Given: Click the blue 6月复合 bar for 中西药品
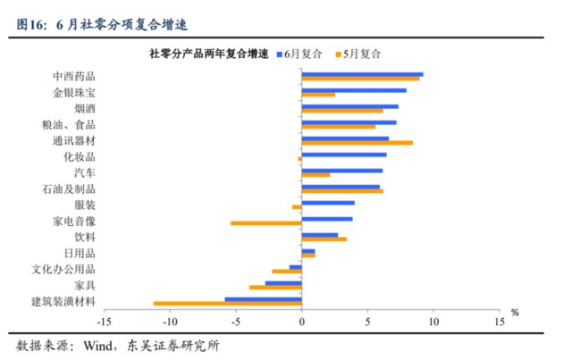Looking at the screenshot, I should click(x=362, y=74).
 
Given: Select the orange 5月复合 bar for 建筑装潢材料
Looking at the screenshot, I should click(x=227, y=304).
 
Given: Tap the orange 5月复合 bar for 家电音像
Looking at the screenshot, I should click(x=265, y=222).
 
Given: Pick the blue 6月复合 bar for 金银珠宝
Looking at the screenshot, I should click(x=354, y=90).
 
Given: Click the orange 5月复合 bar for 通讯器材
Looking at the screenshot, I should click(x=357, y=142).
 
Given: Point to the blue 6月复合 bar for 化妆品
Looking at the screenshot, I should click(x=344, y=155).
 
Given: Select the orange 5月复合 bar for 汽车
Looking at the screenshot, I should click(x=315, y=174).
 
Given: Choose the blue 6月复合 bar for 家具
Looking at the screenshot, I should click(x=283, y=283).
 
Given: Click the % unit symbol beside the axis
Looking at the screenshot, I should click(x=514, y=313).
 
